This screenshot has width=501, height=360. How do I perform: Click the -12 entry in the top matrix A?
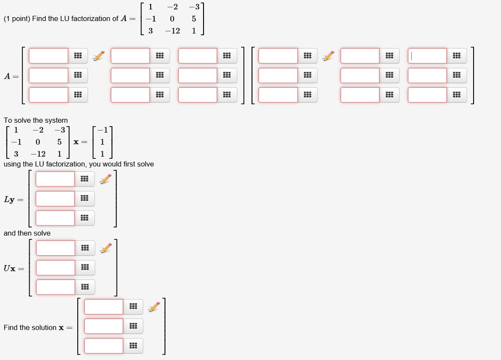(x=173, y=30)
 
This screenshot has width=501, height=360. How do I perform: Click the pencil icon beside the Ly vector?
(x=105, y=180)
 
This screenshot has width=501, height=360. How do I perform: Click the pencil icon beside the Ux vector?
(x=106, y=248)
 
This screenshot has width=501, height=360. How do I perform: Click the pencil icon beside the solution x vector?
(x=154, y=307)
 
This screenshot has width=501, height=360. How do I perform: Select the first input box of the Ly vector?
(x=55, y=179)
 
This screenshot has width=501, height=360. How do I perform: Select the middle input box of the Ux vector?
(x=56, y=268)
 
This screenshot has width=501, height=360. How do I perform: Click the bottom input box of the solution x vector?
(x=104, y=346)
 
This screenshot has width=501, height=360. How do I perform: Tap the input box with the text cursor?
(x=427, y=56)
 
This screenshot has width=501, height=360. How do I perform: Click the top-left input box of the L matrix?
(x=48, y=56)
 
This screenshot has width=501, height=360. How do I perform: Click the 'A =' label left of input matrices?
(x=12, y=76)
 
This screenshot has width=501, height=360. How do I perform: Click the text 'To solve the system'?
(x=36, y=120)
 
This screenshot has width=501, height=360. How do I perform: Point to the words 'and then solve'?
(x=27, y=233)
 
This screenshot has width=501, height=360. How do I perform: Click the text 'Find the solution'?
(x=30, y=327)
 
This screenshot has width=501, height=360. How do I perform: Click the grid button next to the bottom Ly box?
(x=85, y=218)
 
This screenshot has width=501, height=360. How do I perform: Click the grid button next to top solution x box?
(x=133, y=307)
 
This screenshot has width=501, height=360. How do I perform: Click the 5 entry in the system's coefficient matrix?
(x=59, y=142)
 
